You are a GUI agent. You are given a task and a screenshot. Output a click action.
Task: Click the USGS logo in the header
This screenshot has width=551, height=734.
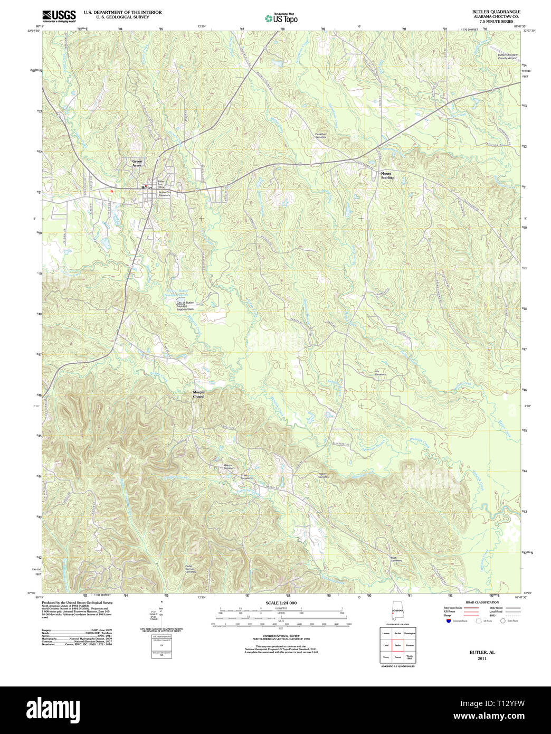click(59, 16)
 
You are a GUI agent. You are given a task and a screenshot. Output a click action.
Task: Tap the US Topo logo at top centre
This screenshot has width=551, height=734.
click(281, 18)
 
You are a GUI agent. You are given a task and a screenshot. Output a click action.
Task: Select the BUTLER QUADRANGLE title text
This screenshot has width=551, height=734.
click(496, 12)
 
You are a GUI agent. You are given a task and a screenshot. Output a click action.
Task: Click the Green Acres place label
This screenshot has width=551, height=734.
click(137, 163)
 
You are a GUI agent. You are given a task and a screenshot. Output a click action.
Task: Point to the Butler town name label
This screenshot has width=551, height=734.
click(146, 187)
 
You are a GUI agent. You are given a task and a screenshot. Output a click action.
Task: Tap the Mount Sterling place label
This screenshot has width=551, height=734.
click(387, 175)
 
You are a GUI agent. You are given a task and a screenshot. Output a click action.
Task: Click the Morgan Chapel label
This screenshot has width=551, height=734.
click(199, 394)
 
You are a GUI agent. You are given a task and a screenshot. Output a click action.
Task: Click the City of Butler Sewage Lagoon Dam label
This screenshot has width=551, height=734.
click(185, 305)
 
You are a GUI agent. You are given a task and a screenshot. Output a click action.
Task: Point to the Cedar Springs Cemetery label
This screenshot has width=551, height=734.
click(191, 569)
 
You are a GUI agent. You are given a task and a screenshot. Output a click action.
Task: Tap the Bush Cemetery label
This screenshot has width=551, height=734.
click(396, 559)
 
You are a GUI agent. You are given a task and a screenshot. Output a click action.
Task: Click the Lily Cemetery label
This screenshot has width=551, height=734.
click(380, 373)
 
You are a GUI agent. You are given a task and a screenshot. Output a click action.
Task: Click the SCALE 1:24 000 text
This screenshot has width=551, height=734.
click(281, 603)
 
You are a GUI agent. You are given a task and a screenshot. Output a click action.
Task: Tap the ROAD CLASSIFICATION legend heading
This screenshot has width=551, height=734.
click(481, 603)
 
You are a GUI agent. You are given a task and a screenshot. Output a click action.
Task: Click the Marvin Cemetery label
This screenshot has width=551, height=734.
click(229, 467)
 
